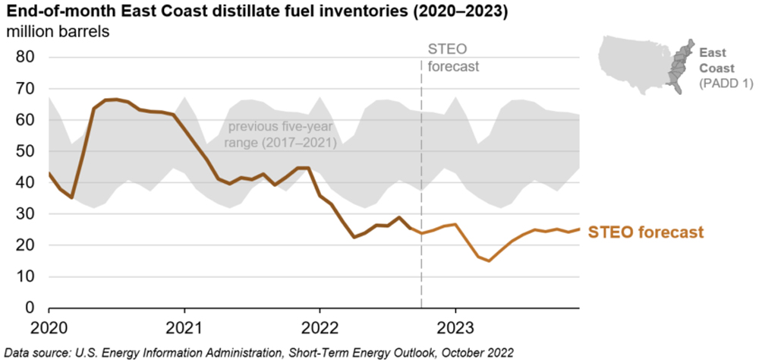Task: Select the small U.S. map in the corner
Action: (645, 65)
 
